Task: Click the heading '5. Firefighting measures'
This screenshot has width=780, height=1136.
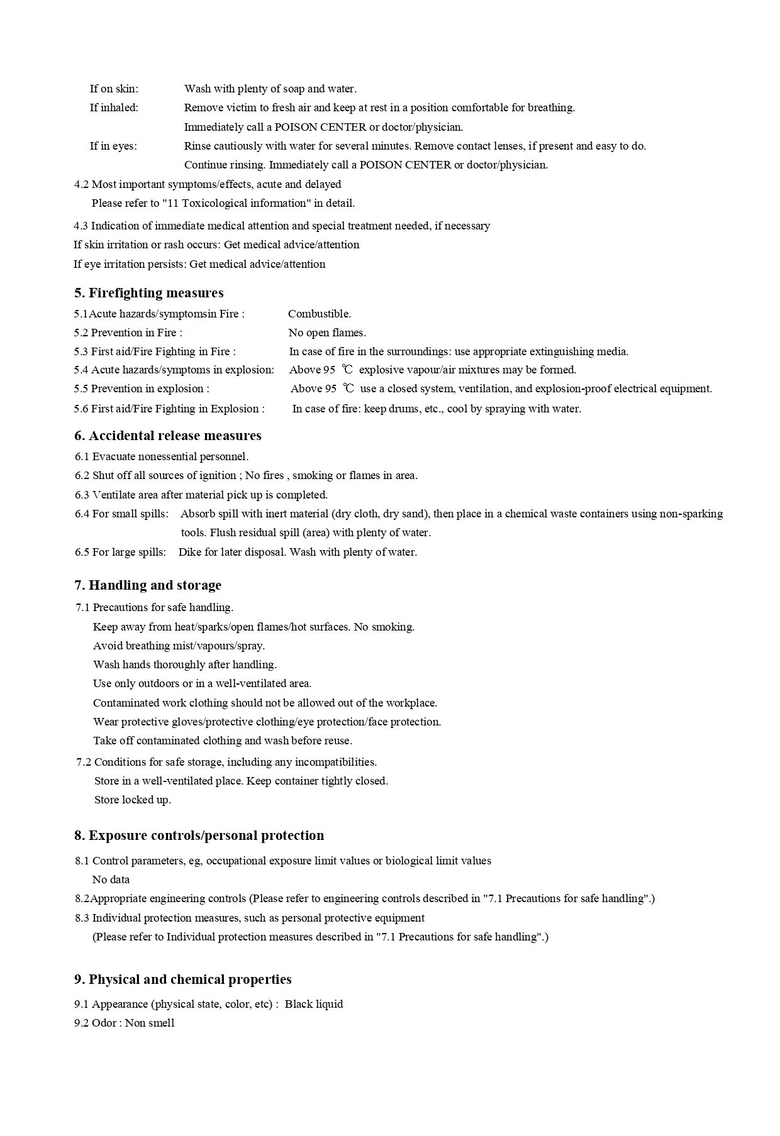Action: [149, 293]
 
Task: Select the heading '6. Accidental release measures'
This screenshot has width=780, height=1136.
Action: [168, 436]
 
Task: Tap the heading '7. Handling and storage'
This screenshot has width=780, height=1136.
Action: [148, 585]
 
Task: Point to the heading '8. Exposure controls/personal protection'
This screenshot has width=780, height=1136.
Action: [199, 835]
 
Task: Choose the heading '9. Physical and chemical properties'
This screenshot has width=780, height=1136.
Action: [183, 979]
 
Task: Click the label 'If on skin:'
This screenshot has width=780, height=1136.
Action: [114, 89]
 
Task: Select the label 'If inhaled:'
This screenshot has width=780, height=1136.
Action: [114, 108]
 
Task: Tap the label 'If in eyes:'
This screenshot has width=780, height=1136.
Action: [113, 146]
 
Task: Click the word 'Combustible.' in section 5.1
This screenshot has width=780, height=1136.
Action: [320, 314]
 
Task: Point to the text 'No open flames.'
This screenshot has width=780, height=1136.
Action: [327, 333]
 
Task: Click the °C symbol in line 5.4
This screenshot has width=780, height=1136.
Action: [347, 370]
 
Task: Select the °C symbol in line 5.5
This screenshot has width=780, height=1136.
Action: [348, 389]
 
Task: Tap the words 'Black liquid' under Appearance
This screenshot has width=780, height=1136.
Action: [314, 1004]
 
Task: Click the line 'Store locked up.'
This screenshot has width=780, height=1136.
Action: [133, 800]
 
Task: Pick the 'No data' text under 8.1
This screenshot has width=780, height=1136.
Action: [111, 880]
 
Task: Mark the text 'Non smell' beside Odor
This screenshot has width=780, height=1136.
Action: [150, 1023]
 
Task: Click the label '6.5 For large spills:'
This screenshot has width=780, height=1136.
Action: [121, 552]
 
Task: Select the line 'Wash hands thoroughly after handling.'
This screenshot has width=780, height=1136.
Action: [185, 665]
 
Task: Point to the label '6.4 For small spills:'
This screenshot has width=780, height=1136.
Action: [122, 514]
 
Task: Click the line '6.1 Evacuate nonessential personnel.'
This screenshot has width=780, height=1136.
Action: [162, 456]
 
